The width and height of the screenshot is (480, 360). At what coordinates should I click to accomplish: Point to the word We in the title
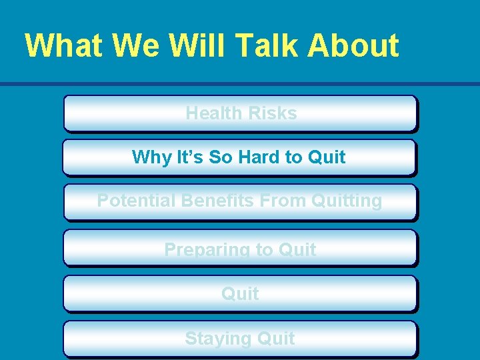point(136,45)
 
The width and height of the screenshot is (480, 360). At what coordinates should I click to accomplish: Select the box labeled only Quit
point(240,293)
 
